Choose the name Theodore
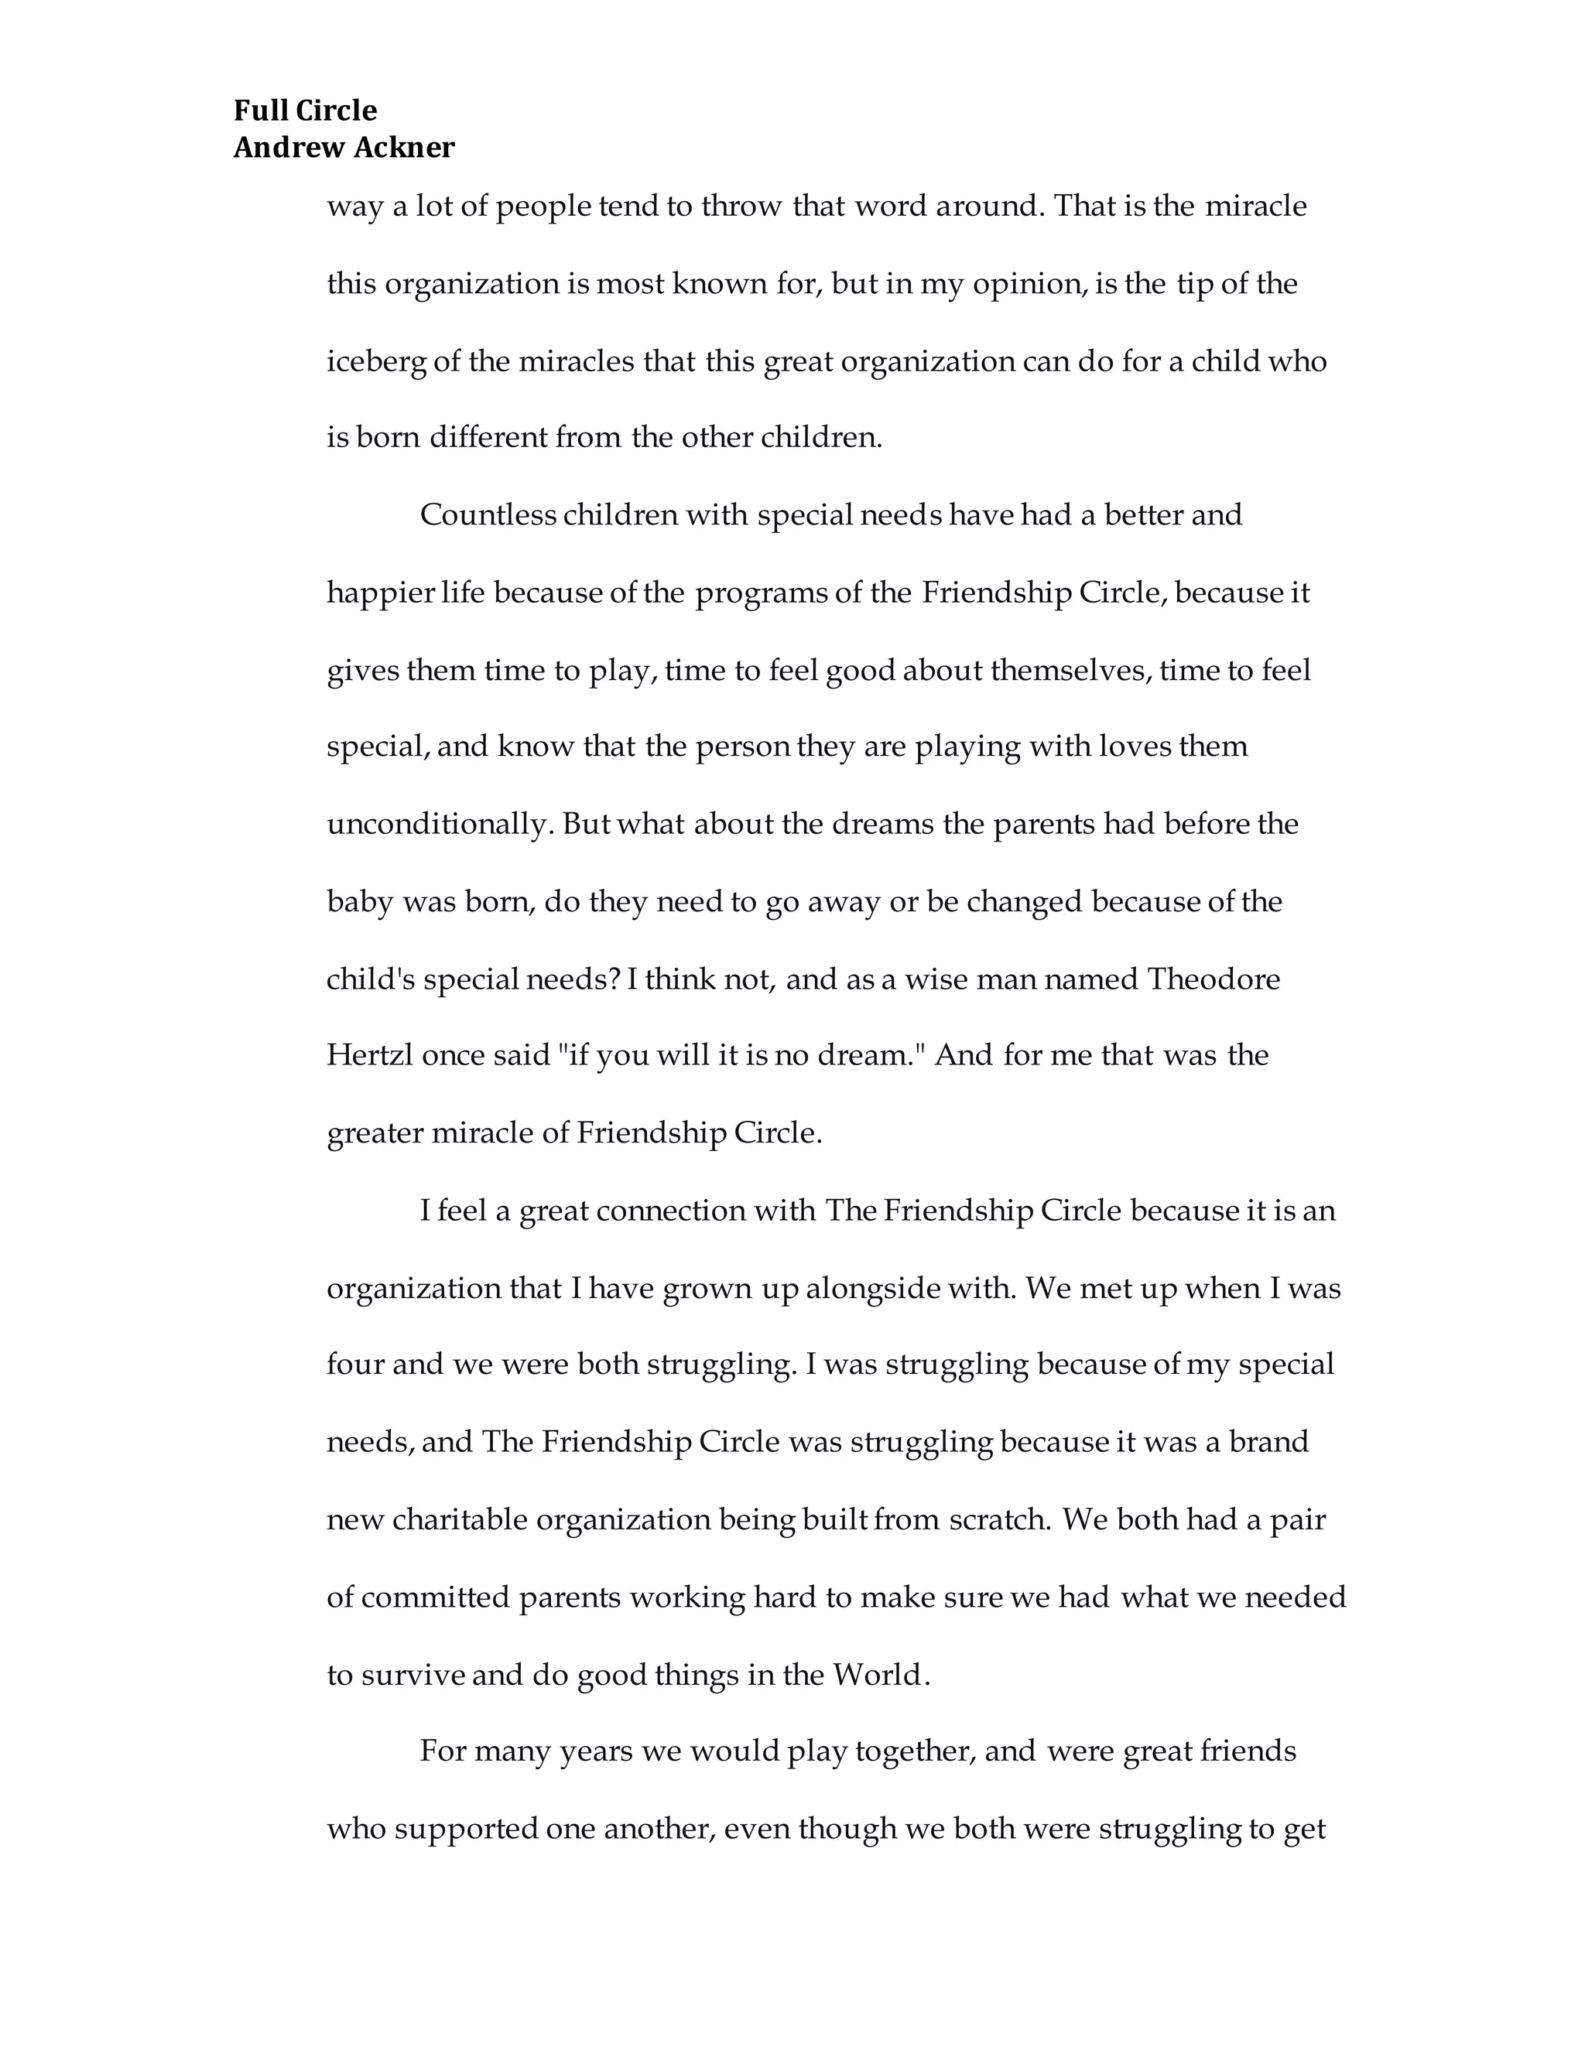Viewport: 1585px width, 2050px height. [x=1214, y=980]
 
